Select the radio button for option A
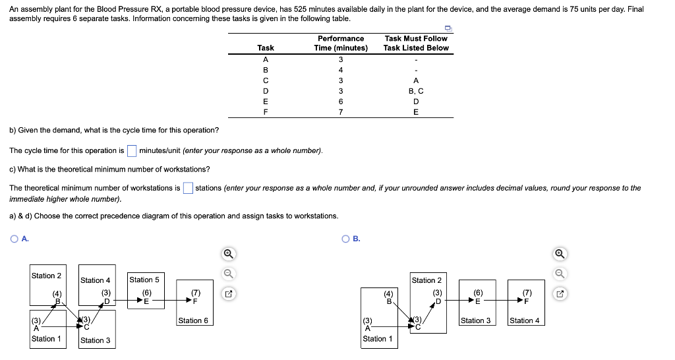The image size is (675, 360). tap(14, 239)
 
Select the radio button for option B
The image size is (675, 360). tap(346, 239)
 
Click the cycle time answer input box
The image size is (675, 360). tap(132, 151)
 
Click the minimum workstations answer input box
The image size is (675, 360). tap(188, 188)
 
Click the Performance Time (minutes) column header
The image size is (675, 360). tap(341, 43)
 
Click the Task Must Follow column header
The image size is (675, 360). tap(416, 43)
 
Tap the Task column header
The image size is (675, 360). tap(266, 47)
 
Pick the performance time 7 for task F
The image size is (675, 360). tap(341, 112)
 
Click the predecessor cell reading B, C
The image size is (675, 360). tap(416, 91)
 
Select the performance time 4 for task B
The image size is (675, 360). tap(341, 70)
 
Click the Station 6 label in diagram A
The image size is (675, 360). tap(193, 320)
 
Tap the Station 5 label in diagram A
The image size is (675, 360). tap(144, 280)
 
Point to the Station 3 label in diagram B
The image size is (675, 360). tap(475, 320)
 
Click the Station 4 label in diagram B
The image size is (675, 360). tap(524, 320)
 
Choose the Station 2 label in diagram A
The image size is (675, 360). tap(46, 276)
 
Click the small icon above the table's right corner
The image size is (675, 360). tap(448, 28)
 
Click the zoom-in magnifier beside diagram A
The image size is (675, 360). tap(227, 254)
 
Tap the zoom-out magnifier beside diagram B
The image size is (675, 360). tap(560, 273)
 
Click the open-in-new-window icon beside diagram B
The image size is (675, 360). tap(560, 292)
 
